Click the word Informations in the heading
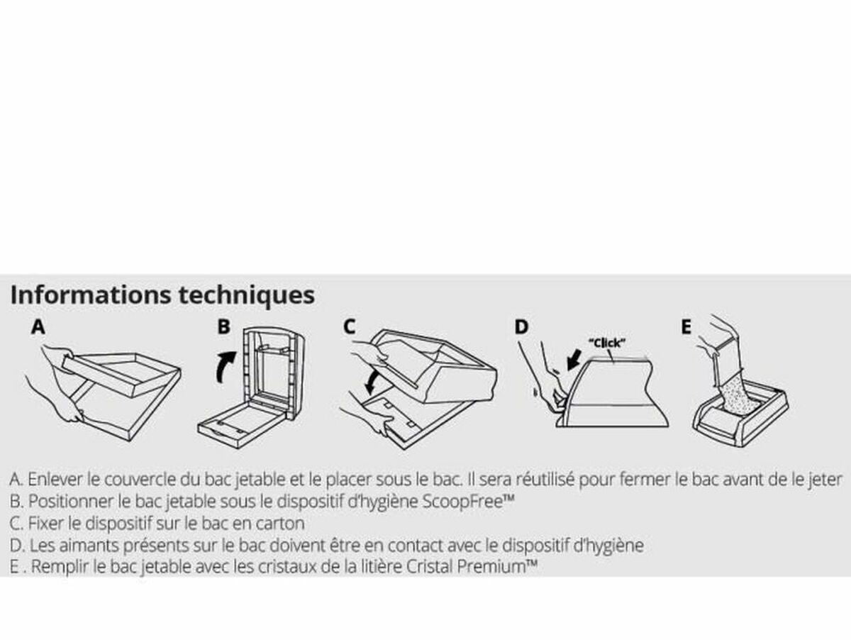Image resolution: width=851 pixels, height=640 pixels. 91,295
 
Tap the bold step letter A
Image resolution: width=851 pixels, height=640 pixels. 38,327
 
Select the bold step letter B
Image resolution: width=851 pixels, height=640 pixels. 224,326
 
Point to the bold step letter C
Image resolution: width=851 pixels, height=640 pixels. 350,326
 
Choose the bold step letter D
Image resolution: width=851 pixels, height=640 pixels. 521,327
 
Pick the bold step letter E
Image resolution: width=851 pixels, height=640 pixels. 686,327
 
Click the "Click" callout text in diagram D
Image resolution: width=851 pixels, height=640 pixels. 607,343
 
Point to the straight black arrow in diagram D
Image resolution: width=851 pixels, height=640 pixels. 574,360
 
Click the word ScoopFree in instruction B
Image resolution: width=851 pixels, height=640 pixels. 463,502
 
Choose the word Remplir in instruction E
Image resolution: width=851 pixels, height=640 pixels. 60,568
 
